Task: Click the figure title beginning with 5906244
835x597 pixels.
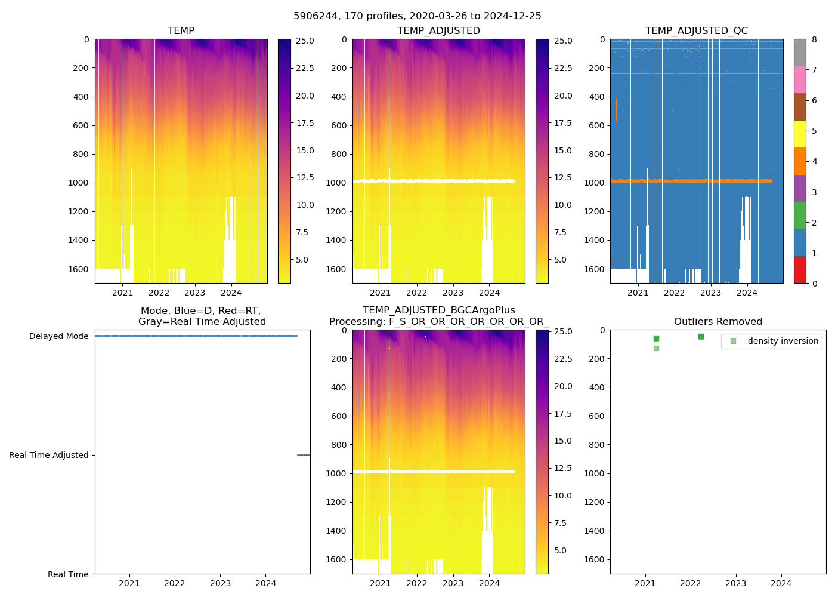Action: click(x=417, y=16)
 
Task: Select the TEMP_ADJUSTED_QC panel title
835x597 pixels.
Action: click(x=696, y=31)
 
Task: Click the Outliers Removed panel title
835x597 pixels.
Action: click(x=718, y=322)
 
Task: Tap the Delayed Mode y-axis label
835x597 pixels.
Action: click(x=58, y=336)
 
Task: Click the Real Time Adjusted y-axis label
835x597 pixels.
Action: click(x=48, y=455)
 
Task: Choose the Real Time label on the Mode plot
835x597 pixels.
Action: click(x=68, y=574)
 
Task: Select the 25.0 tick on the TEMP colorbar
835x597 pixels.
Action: click(x=305, y=41)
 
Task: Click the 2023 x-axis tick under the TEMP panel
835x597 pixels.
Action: click(x=194, y=293)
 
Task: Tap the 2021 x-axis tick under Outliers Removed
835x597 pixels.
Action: click(x=645, y=583)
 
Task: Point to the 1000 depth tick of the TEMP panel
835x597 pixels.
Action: click(x=78, y=183)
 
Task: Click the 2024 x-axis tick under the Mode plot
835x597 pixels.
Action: click(x=265, y=583)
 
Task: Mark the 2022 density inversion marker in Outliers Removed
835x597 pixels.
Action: click(x=701, y=337)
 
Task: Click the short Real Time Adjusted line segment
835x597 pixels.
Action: click(x=304, y=455)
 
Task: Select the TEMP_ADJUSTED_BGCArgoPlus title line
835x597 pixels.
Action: click(x=438, y=310)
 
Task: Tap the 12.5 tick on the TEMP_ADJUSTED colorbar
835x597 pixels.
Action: click(x=563, y=177)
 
